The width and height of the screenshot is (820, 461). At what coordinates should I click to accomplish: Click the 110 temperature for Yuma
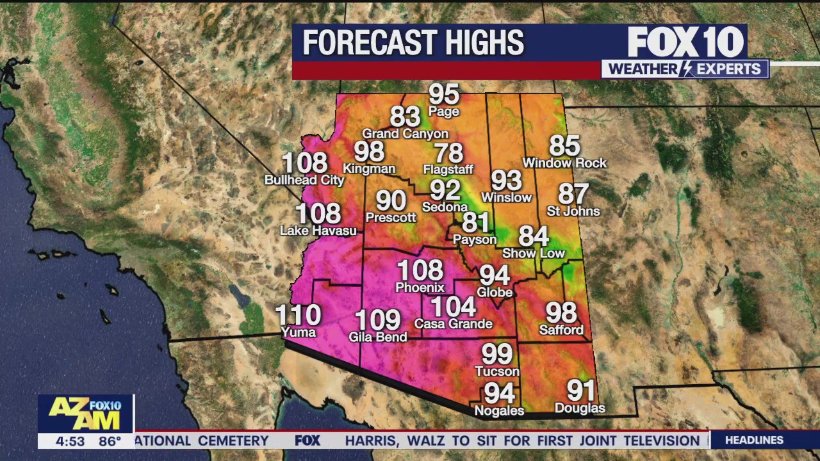298,314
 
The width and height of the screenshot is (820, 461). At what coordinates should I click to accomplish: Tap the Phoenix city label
420,287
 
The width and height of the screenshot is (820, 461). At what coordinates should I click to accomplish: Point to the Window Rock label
564,163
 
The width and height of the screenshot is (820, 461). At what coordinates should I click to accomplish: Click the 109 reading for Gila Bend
377,319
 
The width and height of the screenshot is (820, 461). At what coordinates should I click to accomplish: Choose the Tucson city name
497,371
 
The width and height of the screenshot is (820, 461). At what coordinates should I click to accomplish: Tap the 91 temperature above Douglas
580,390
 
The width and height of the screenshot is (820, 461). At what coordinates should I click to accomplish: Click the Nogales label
499,410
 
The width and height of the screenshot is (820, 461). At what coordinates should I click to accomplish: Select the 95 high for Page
444,94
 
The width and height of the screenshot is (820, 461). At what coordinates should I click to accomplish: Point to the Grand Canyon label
405,134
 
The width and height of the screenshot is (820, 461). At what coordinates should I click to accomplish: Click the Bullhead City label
304,181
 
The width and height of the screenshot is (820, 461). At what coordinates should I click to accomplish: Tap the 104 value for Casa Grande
453,307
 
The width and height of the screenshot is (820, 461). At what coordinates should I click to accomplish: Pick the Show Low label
533,253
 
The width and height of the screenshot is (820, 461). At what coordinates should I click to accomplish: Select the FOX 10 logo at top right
685,42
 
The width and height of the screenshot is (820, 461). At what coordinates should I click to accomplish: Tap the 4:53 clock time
70,441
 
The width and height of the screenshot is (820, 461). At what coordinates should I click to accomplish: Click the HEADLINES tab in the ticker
754,440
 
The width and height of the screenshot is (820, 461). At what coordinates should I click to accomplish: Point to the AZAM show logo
85,414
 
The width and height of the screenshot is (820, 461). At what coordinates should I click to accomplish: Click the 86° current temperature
110,441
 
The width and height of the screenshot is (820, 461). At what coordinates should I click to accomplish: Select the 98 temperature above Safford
561,312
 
